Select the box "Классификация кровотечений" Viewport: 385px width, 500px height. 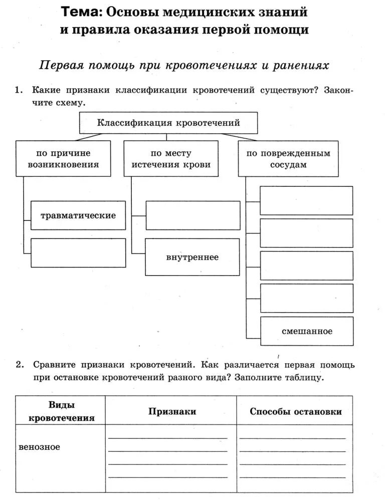[x=168, y=123]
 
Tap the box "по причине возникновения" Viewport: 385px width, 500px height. [x=63, y=158]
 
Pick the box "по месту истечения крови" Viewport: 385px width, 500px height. [x=171, y=158]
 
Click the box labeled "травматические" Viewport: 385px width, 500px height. [x=78, y=215]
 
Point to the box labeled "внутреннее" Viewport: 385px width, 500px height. [x=192, y=258]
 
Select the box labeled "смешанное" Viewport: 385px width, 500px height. [x=307, y=331]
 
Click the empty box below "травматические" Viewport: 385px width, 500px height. [x=78, y=253]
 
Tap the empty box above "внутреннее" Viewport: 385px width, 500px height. [x=192, y=215]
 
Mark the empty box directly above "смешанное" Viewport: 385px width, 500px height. [x=307, y=298]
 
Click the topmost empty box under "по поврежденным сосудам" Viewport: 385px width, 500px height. [x=307, y=200]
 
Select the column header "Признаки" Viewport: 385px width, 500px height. [x=172, y=411]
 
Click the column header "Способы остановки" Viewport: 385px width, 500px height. [x=296, y=411]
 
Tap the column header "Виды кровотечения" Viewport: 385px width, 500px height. [x=61, y=411]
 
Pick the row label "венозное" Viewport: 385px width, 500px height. [x=39, y=446]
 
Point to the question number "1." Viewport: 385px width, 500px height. [x=19, y=90]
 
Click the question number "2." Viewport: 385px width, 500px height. [x=19, y=365]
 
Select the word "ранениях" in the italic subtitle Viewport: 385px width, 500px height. [x=301, y=66]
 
